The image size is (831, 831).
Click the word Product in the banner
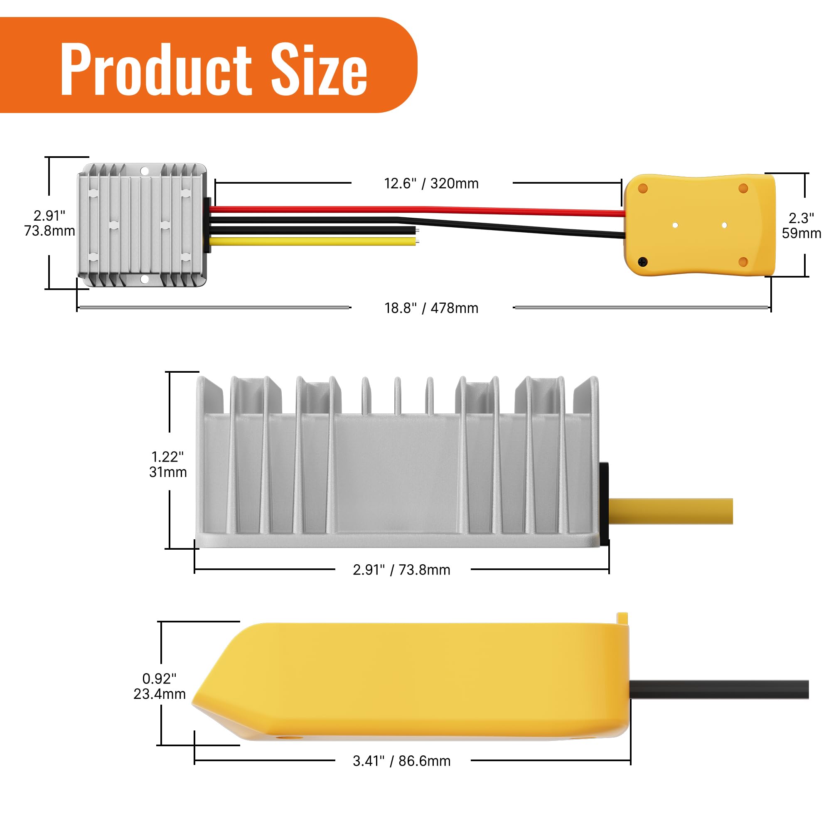156,70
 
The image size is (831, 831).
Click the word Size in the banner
319,70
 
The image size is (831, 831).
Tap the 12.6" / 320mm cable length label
431,184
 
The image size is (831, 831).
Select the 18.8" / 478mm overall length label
431,308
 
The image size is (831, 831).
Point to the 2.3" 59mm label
801,225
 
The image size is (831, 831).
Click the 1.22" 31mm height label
168,465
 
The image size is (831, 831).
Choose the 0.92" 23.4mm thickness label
159,686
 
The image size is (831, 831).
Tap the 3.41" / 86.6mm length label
401,761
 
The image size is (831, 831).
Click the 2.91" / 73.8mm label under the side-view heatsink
401,570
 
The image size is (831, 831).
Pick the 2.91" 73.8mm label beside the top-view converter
49,223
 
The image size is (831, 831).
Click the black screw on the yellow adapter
642,261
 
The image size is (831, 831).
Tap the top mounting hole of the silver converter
145,171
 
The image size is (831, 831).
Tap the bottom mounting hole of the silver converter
145,279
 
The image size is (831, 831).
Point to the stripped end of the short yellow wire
417,242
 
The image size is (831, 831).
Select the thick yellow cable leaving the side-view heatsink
671,511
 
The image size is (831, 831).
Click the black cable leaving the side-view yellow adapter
718,689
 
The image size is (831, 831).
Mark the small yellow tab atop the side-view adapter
622,618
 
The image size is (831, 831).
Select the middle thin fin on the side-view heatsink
398,396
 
